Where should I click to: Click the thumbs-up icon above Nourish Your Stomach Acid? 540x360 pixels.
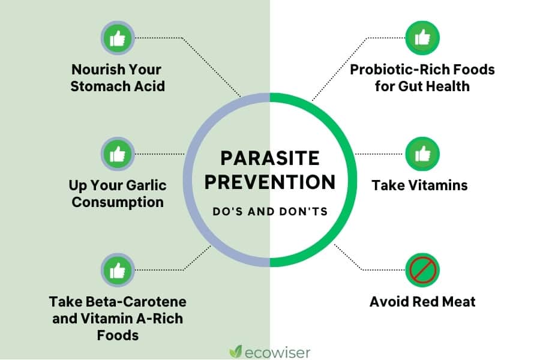(118, 38)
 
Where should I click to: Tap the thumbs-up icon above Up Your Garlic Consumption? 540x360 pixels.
(118, 154)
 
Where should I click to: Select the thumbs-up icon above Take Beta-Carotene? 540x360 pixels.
(118, 270)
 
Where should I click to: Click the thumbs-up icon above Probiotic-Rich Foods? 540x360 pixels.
(422, 38)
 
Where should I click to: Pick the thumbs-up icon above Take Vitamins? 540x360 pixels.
(422, 154)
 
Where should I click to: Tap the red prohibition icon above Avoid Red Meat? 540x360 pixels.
(422, 270)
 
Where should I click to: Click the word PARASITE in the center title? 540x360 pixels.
(270, 158)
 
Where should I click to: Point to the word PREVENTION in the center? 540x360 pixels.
(270, 182)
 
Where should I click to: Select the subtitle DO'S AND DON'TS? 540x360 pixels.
(270, 212)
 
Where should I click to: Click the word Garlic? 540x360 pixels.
(146, 185)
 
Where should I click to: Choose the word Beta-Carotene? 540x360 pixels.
(136, 302)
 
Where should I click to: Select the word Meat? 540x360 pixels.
(459, 302)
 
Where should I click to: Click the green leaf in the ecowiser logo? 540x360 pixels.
(236, 352)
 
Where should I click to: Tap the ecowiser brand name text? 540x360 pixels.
(278, 353)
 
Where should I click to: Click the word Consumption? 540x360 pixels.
(118, 202)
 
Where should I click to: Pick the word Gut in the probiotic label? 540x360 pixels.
(410, 86)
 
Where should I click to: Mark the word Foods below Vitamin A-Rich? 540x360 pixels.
(118, 335)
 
